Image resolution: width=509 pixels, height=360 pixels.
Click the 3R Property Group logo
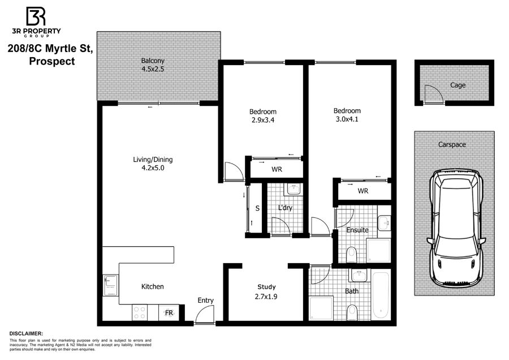tap(36, 22)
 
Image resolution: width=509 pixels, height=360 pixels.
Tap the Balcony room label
tap(153, 61)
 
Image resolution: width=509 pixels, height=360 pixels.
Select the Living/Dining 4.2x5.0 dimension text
tap(153, 168)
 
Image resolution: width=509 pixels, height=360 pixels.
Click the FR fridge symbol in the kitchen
tap(169, 312)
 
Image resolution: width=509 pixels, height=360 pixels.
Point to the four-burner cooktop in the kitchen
tap(140, 312)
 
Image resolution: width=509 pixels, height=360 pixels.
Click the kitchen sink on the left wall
tap(111, 286)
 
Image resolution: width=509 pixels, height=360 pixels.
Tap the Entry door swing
tap(205, 315)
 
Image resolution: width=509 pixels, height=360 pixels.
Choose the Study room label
tap(266, 287)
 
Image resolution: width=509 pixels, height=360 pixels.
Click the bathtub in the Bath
tap(381, 295)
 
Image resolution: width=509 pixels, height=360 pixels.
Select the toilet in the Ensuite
tap(352, 254)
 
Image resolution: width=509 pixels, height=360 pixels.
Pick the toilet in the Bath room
tap(352, 312)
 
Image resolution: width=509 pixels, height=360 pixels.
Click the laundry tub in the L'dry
tap(294, 189)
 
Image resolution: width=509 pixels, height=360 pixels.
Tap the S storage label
tap(257, 208)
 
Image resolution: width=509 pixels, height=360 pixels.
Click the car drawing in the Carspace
tap(455, 229)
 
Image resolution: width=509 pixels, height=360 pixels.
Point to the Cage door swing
tap(433, 93)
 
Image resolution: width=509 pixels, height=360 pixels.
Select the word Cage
tap(458, 85)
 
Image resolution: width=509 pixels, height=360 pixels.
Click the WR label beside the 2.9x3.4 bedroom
tap(277, 169)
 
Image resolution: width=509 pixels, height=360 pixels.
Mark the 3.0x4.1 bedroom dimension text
tap(347, 119)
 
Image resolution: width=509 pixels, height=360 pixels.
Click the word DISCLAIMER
tap(26, 334)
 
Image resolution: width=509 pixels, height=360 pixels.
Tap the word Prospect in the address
tap(52, 61)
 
